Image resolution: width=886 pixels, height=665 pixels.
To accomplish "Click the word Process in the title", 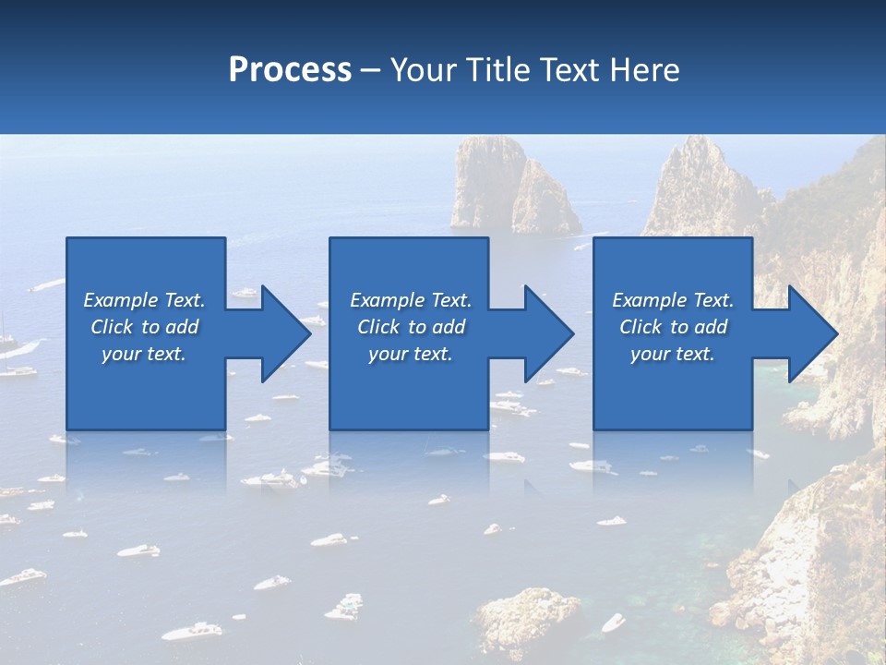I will click(290, 70).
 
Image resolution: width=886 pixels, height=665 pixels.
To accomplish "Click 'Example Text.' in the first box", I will click(144, 300).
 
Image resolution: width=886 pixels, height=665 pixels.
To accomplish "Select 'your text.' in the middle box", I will click(410, 354).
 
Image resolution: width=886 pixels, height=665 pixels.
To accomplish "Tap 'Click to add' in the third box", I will click(673, 327).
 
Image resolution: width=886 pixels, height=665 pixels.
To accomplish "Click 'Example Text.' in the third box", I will click(673, 300).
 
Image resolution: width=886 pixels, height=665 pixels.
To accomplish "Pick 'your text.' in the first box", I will click(144, 354).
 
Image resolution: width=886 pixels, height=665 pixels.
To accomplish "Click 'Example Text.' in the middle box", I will click(410, 300).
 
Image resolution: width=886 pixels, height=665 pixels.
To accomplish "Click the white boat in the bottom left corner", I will click(191, 631).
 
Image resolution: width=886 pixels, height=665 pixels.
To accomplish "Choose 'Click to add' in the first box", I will click(144, 327).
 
